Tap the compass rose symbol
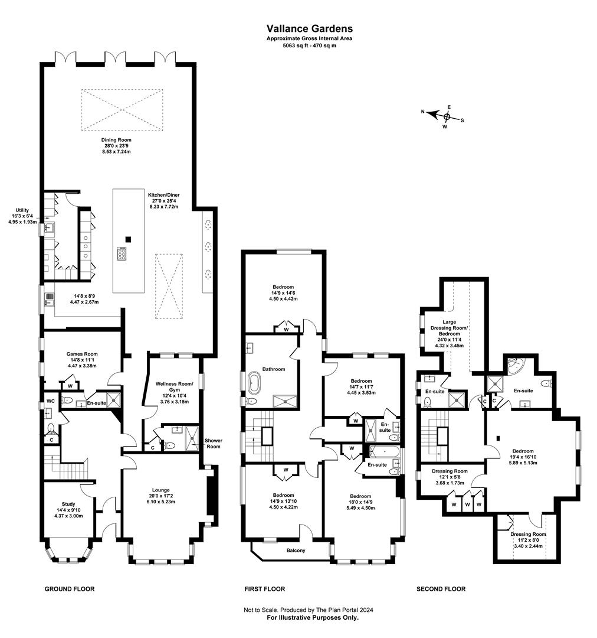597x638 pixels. [447, 116]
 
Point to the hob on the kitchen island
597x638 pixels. [123, 254]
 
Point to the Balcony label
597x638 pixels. [296, 551]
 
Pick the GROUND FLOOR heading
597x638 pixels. [70, 589]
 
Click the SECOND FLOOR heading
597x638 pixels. [441, 589]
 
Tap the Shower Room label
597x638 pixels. [213, 444]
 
